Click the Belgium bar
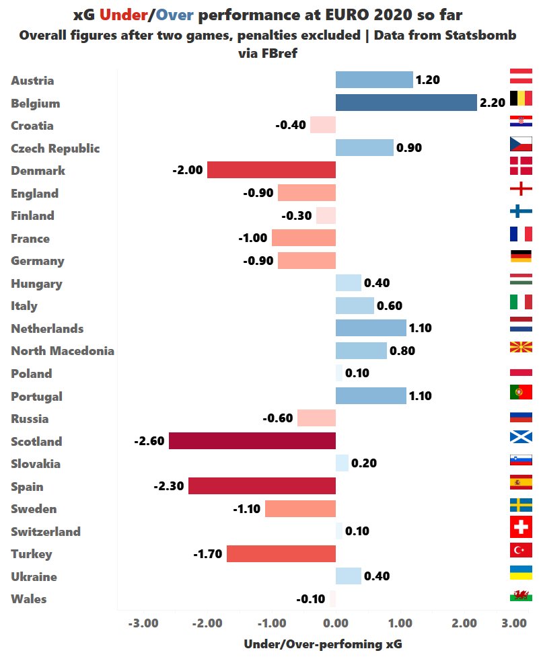pos(406,103)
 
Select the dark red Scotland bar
pos(252,441)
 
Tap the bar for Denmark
pos(271,170)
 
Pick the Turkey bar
pos(281,554)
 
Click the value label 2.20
pos(492,103)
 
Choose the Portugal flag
pos(521,392)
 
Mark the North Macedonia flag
pos(521,348)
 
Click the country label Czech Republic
pos(55,148)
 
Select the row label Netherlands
pos(47,328)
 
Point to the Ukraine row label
pos(34,576)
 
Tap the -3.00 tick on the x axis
pos(143,623)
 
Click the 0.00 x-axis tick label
pos(336,623)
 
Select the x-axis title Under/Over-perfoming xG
pos(323,644)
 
